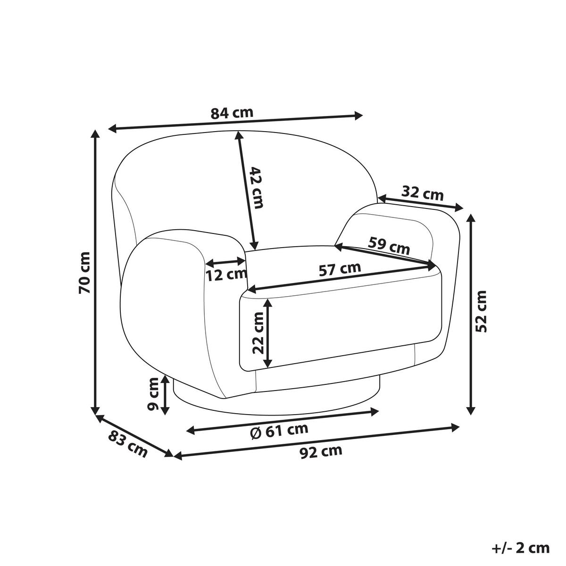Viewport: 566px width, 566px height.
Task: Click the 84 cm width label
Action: (232, 113)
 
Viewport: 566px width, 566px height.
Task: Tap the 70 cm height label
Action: (85, 273)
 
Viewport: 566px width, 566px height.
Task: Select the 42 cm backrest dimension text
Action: (256, 188)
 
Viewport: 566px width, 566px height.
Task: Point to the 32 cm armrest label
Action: (422, 193)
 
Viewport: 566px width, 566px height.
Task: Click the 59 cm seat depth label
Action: (389, 245)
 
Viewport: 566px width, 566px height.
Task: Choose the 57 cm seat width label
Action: (340, 269)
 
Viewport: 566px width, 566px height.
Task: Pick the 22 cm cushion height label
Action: (258, 333)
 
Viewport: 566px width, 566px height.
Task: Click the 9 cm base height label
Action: (153, 394)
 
